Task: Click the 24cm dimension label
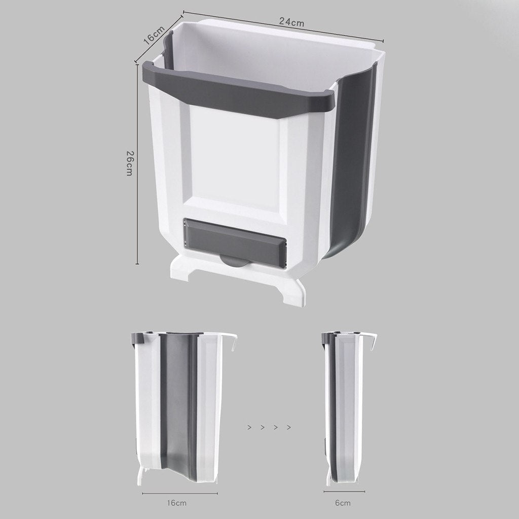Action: pyautogui.click(x=291, y=22)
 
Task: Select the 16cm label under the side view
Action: pyautogui.click(x=177, y=503)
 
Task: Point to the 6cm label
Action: pyautogui.click(x=342, y=503)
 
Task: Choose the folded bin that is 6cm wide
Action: pyautogui.click(x=345, y=406)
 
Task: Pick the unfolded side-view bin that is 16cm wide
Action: pyautogui.click(x=177, y=406)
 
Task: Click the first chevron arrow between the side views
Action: pyautogui.click(x=249, y=427)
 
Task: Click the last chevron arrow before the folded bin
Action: pyautogui.click(x=288, y=427)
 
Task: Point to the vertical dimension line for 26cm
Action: pyautogui.click(x=137, y=162)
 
